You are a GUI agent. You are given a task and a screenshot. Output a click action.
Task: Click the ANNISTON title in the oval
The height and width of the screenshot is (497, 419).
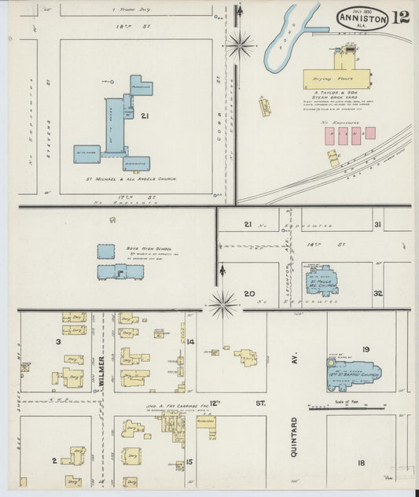click(362, 17)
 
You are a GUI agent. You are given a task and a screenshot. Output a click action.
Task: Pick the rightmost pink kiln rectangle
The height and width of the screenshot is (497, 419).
click(369, 134)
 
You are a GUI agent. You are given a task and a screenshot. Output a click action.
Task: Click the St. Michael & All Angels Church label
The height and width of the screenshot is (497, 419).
click(132, 179)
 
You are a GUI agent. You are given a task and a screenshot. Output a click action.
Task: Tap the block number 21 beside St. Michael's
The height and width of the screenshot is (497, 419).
click(145, 116)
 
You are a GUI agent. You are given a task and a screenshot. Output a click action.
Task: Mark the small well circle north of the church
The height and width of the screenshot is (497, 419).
click(112, 82)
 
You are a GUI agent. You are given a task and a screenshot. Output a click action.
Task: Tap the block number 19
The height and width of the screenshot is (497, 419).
click(366, 348)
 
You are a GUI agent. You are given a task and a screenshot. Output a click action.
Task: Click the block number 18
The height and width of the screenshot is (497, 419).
click(361, 462)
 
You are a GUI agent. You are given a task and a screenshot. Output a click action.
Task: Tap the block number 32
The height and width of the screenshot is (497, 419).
click(378, 293)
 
